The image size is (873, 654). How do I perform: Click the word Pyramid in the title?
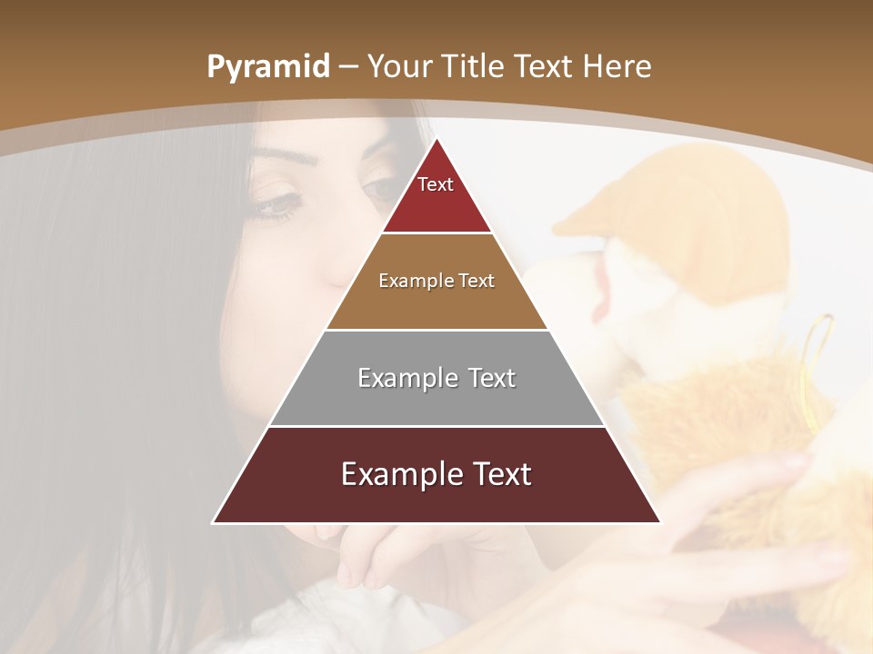click(x=267, y=67)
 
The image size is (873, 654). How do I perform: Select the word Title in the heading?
click(x=473, y=66)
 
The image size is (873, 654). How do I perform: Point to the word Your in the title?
click(x=399, y=66)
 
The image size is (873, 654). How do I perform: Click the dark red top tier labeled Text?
click(x=436, y=195)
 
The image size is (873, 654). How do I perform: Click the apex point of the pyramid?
click(x=436, y=139)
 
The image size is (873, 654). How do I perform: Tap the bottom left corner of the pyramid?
click(x=215, y=522)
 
